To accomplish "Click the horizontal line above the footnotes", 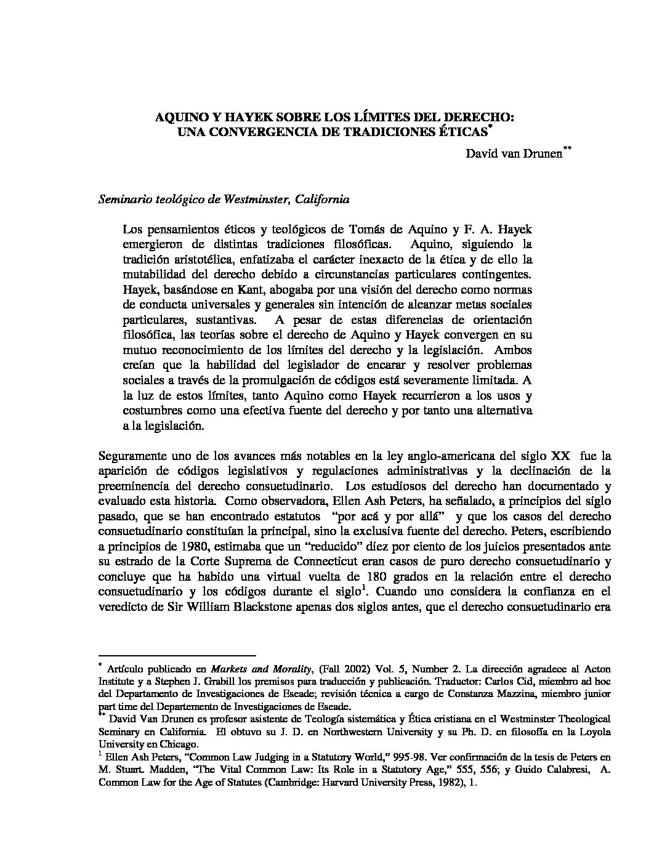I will (x=177, y=655).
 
